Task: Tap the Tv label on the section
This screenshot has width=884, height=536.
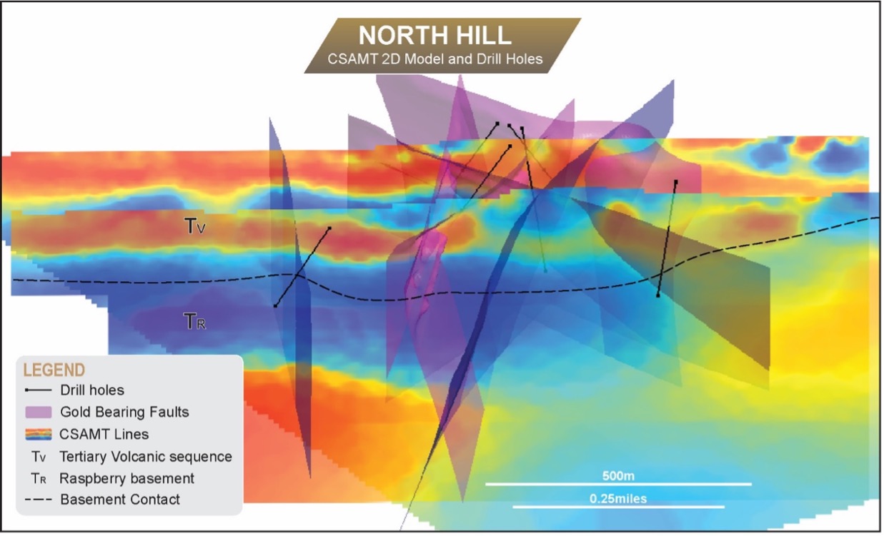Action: (x=195, y=226)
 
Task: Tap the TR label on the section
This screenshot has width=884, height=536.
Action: (x=195, y=322)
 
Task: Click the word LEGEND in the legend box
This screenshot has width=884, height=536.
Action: (x=54, y=370)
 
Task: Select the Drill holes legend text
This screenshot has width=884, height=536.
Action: (x=92, y=390)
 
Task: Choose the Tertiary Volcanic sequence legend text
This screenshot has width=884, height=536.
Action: (x=146, y=456)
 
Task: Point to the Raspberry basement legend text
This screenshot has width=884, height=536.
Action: (x=126, y=478)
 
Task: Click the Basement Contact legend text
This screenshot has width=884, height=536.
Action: (x=120, y=500)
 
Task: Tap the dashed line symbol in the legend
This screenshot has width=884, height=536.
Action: (x=38, y=500)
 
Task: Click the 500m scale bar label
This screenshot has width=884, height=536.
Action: (x=618, y=475)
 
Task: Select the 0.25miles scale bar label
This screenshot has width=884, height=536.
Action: (x=618, y=498)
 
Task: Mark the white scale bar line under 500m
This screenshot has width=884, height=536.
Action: (x=618, y=484)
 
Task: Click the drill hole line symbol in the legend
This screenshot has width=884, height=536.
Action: (x=38, y=390)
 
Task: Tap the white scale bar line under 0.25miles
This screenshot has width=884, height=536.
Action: (x=618, y=507)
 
